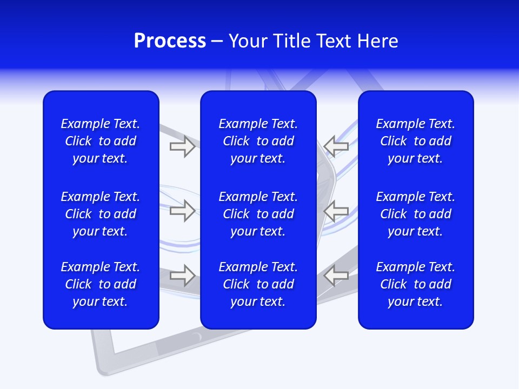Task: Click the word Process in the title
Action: pos(170,41)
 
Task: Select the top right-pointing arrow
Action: pos(183,146)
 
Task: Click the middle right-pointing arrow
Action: pos(183,211)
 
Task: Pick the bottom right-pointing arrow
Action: pos(183,275)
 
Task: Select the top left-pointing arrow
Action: pos(336,146)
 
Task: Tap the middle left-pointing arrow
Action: pos(336,211)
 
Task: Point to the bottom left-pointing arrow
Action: pos(336,275)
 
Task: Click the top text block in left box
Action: pos(101,141)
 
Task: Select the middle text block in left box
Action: pos(101,214)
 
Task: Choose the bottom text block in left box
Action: pos(101,284)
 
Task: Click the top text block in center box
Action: pos(258,141)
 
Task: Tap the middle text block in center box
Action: pos(258,214)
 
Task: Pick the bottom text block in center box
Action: pos(258,284)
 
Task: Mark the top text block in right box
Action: pos(415,141)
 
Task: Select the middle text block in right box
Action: pos(415,214)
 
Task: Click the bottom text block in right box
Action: pos(415,284)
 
